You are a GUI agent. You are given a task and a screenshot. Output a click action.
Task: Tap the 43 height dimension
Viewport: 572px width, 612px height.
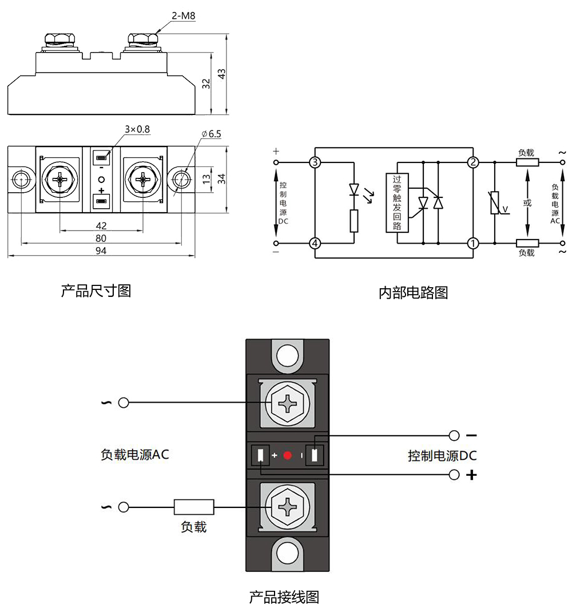pyautogui.click(x=223, y=74)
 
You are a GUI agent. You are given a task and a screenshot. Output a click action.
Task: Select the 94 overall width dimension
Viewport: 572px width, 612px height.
pyautogui.click(x=101, y=251)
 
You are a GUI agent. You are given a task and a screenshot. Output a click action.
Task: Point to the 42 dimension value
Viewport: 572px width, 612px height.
pyautogui.click(x=101, y=225)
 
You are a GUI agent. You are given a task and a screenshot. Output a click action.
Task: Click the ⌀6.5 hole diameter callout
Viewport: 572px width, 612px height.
pyautogui.click(x=211, y=134)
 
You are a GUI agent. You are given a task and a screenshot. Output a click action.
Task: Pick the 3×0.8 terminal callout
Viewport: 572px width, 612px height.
pyautogui.click(x=137, y=129)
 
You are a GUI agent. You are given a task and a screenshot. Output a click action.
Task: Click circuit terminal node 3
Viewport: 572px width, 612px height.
pyautogui.click(x=315, y=162)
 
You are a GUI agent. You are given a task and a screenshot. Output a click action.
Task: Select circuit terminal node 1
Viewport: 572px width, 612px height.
pyautogui.click(x=472, y=244)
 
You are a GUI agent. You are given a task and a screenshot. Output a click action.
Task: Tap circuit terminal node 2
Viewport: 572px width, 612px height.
pyautogui.click(x=472, y=162)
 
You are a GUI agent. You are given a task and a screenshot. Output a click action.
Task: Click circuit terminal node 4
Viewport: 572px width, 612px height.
pyautogui.click(x=315, y=244)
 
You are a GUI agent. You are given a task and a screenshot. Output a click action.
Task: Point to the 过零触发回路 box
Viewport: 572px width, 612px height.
pyautogui.click(x=398, y=202)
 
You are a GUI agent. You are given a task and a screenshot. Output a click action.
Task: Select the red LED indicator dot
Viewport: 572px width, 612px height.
pyautogui.click(x=288, y=456)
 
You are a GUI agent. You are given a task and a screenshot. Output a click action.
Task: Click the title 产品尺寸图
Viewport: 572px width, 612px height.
pyautogui.click(x=96, y=291)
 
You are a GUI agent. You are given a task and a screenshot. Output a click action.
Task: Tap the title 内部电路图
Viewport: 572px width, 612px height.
pyautogui.click(x=413, y=293)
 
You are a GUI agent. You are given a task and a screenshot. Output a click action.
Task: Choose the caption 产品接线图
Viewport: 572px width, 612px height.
pyautogui.click(x=284, y=598)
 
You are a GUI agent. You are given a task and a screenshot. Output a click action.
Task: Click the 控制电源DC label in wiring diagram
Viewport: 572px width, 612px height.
pyautogui.click(x=442, y=456)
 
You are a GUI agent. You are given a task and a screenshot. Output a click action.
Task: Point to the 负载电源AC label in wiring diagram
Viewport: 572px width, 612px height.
pyautogui.click(x=135, y=455)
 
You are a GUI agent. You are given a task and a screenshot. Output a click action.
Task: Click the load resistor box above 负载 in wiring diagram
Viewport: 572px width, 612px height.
pyautogui.click(x=194, y=507)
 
